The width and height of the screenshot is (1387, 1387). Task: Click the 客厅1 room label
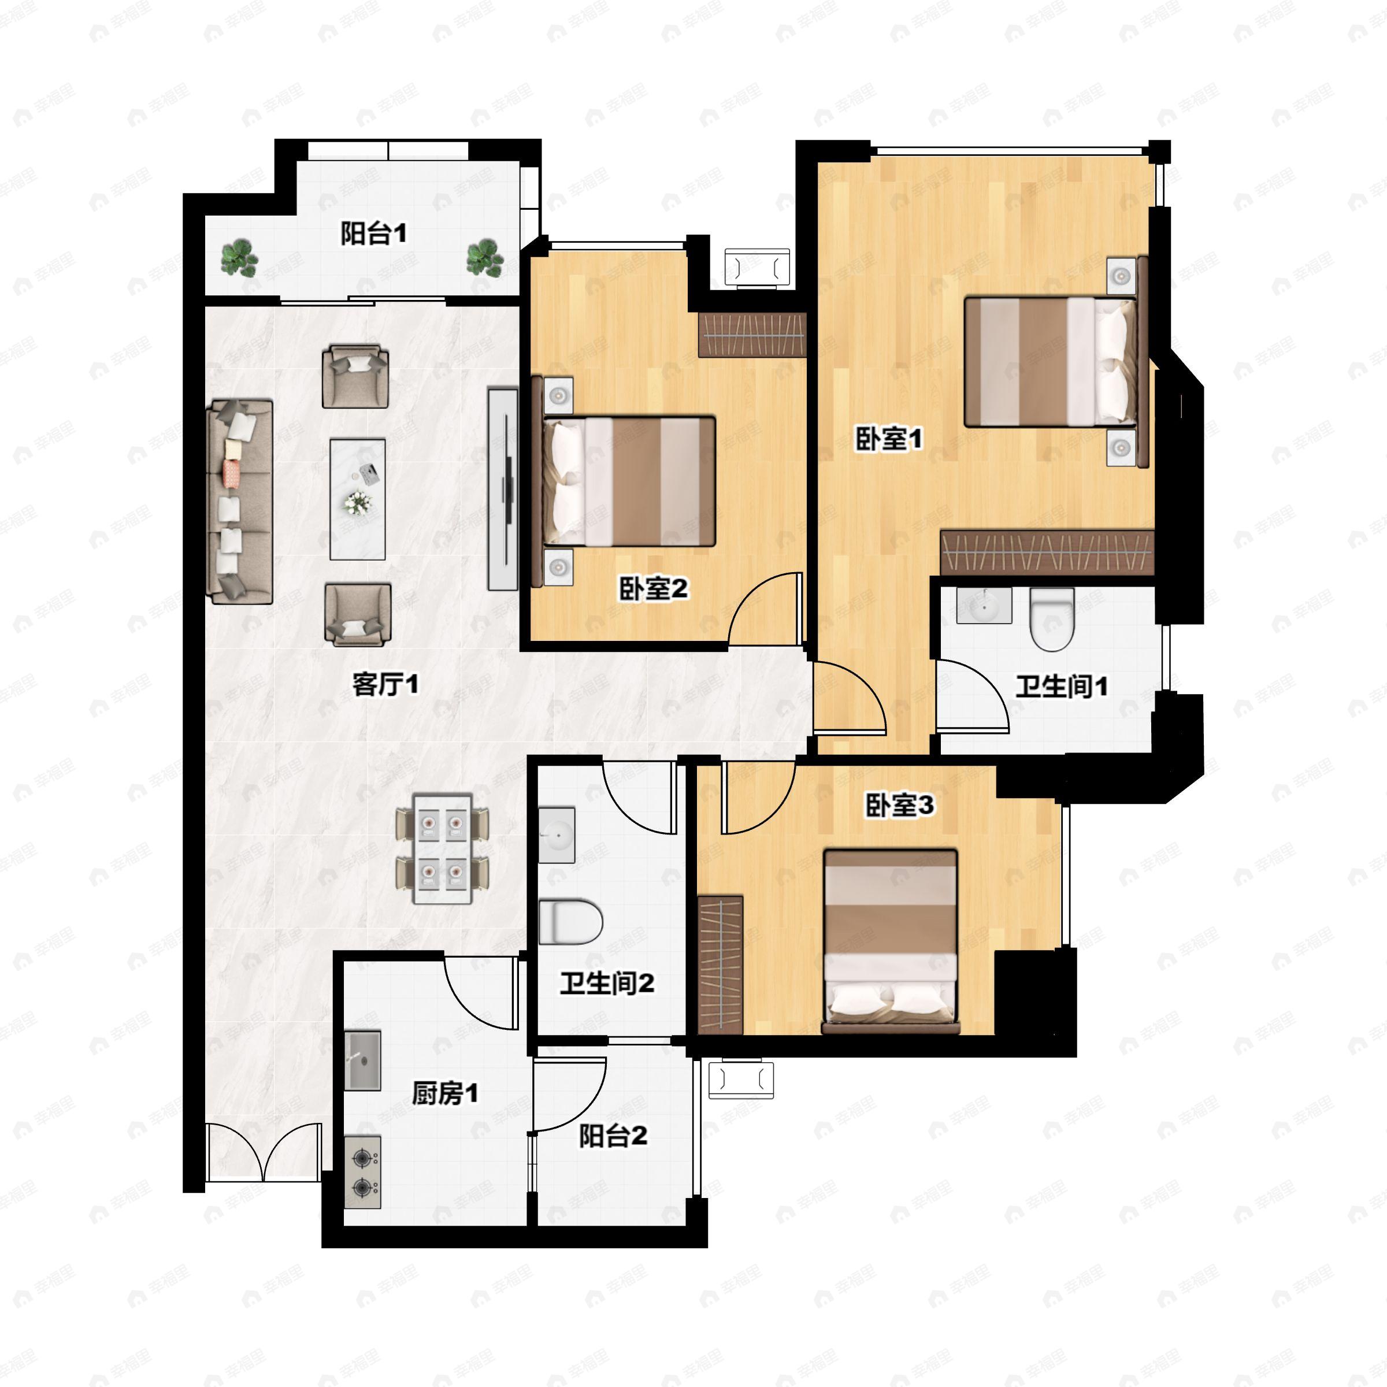tap(385, 685)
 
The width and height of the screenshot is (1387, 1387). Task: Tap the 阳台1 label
tap(374, 233)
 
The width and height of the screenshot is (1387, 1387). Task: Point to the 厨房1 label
tap(445, 1094)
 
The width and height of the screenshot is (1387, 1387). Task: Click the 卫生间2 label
tap(607, 983)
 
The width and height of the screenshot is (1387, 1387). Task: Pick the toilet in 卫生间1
tap(1052, 620)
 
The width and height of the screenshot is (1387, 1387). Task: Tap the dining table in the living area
tap(442, 848)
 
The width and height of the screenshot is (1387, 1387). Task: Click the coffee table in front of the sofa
tap(358, 500)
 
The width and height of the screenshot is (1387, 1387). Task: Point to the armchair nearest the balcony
tap(355, 376)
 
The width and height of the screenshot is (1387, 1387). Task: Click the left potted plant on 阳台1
tap(239, 259)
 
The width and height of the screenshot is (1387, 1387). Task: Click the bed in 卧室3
tap(890, 941)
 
